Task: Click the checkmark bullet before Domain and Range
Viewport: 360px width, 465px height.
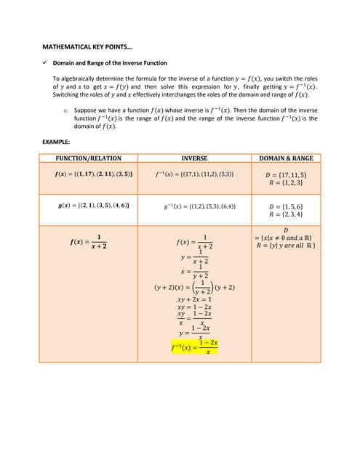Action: (45, 63)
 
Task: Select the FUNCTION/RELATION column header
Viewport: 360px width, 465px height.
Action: (89, 158)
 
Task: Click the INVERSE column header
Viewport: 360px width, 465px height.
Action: (194, 158)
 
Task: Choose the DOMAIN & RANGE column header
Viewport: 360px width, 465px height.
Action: (286, 158)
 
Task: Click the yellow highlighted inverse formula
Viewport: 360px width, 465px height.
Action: (194, 347)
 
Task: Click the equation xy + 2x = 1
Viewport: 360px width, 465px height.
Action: (194, 299)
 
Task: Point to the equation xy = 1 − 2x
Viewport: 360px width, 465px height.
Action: (194, 307)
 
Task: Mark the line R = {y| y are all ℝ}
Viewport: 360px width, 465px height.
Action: (286, 245)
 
